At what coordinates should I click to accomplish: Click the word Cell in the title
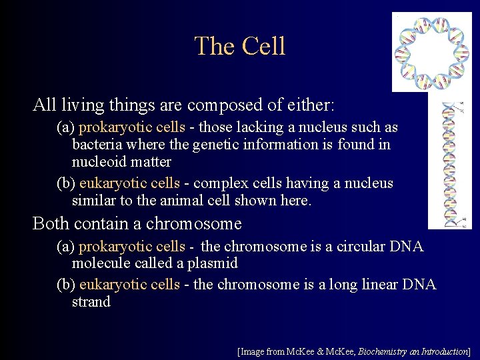[x=264, y=47]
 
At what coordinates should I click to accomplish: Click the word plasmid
[x=214, y=264]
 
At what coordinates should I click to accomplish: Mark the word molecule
[x=99, y=264]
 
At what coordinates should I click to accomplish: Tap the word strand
[x=91, y=302]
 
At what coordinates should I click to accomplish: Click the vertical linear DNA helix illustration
[x=459, y=163]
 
